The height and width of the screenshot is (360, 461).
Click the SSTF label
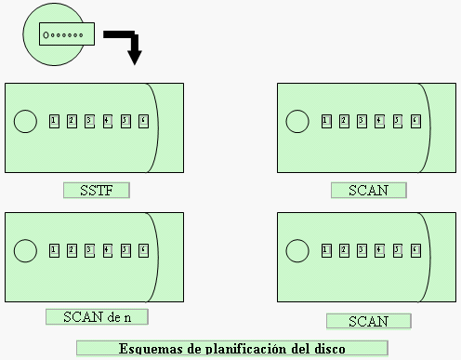96,191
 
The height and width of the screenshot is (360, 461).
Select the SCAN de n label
97,316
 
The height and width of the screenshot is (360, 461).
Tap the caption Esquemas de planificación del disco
231,350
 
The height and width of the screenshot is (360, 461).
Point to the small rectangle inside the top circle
63,34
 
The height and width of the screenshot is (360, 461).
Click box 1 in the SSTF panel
54,122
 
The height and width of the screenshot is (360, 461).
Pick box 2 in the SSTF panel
72,122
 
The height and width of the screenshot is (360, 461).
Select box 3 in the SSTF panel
89,122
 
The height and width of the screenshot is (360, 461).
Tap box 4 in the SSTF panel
107,122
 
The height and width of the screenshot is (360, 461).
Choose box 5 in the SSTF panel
125,122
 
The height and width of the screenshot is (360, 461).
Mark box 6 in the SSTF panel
142,122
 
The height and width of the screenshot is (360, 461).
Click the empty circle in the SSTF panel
25,122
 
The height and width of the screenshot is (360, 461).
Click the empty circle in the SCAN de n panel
25,250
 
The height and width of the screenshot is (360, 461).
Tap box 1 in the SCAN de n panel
54,250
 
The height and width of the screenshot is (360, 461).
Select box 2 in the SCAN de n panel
72,250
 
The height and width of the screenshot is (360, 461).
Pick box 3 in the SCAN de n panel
89,250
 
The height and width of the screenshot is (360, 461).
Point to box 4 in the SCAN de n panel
107,250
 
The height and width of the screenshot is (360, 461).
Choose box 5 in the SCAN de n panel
125,250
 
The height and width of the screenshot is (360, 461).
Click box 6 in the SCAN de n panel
142,250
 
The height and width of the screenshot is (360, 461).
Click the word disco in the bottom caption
326,350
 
